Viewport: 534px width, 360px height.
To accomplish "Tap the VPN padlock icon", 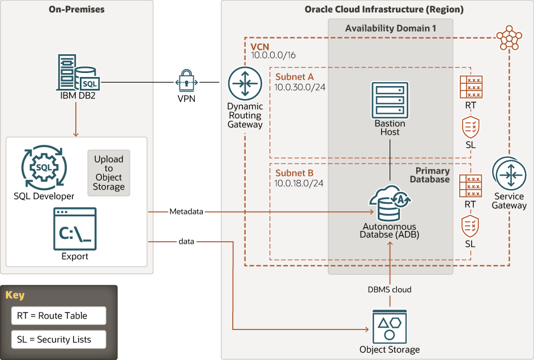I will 187,82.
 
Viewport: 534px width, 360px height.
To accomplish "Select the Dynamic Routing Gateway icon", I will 245,83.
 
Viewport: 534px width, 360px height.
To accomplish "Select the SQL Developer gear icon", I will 44,169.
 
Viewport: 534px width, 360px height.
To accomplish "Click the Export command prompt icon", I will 75,229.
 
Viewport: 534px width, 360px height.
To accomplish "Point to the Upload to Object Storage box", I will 109,173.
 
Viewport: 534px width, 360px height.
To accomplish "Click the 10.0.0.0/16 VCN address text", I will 274,55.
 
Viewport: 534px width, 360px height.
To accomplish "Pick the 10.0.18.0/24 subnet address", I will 299,183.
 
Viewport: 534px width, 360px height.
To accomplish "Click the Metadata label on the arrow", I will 186,212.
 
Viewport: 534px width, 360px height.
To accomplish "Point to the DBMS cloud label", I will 390,289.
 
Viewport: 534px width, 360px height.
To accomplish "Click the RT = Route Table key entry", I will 50,316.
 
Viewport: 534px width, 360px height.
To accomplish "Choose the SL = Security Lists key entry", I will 50,340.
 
